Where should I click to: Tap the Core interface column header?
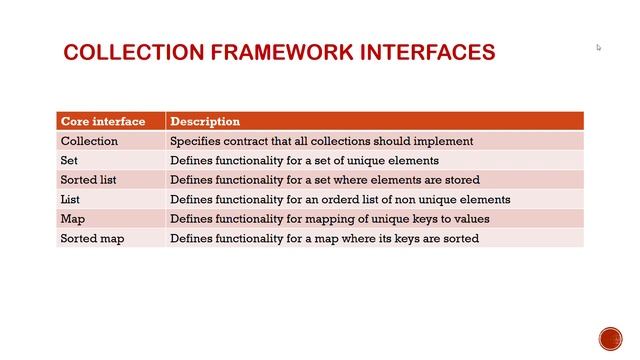pyautogui.click(x=103, y=122)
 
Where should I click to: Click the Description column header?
pyautogui.click(x=205, y=122)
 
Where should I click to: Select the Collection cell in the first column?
pyautogui.click(x=89, y=141)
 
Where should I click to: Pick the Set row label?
pyautogui.click(x=69, y=160)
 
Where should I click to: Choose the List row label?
pyautogui.click(x=70, y=199)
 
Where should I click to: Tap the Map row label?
pyautogui.click(x=72, y=219)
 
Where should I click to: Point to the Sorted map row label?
pyautogui.click(x=92, y=239)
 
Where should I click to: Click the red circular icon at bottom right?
pyautogui.click(x=610, y=338)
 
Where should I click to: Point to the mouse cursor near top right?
pyautogui.click(x=599, y=47)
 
